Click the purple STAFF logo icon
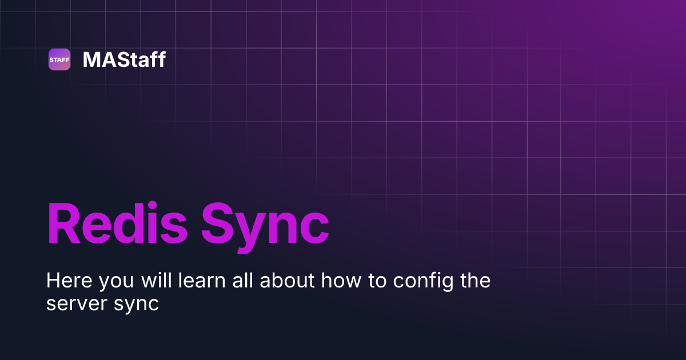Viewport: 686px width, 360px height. click(x=59, y=59)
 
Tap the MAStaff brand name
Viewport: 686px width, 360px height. click(x=124, y=59)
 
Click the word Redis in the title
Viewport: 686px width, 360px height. click(x=117, y=225)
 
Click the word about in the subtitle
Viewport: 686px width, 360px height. click(x=286, y=281)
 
